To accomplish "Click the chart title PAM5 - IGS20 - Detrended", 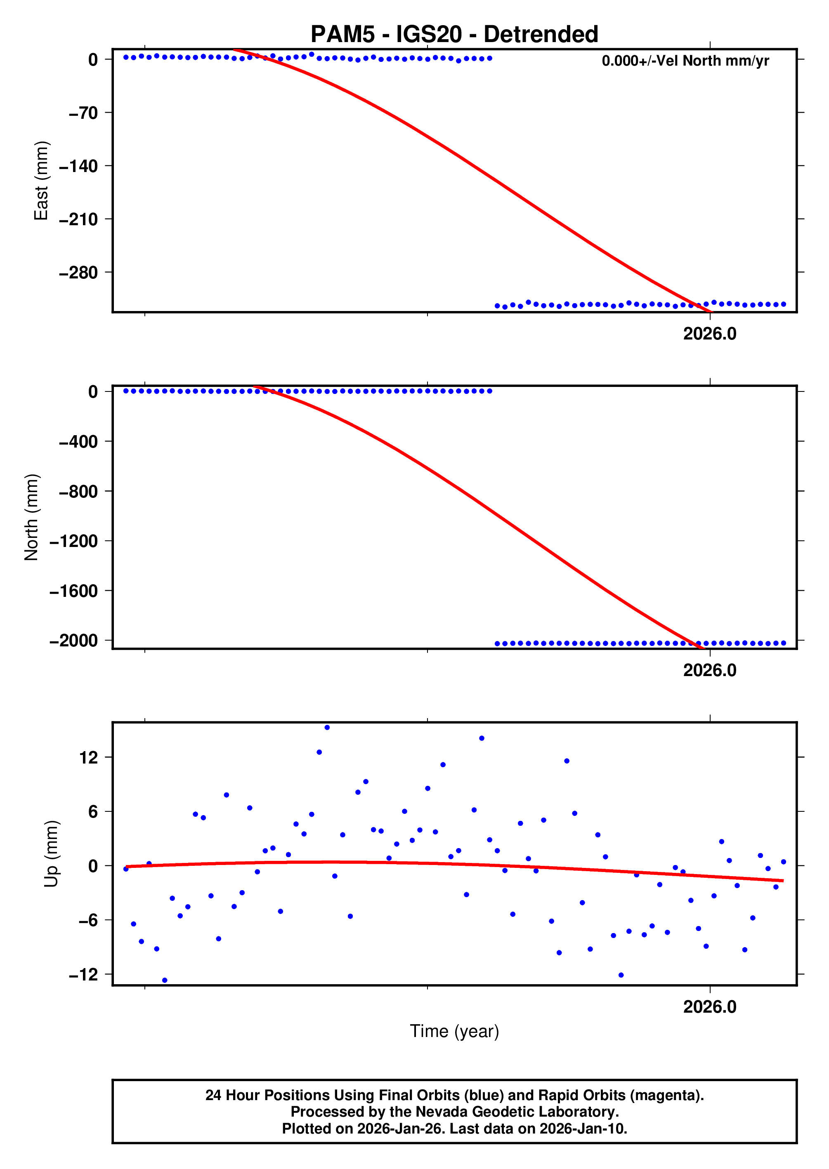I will click(454, 35).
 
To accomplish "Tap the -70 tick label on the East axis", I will click(83, 113).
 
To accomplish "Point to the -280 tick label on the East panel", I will click(79, 273).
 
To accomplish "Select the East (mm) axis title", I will click(41, 181).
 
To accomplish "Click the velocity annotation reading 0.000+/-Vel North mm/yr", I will click(685, 61).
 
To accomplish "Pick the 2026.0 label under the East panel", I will click(710, 334).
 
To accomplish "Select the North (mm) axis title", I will click(32, 517).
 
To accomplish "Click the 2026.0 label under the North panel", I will click(710, 670).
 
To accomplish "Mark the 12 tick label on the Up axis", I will click(88, 757).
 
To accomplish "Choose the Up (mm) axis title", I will click(51, 854).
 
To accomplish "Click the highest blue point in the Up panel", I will click(327, 728).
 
